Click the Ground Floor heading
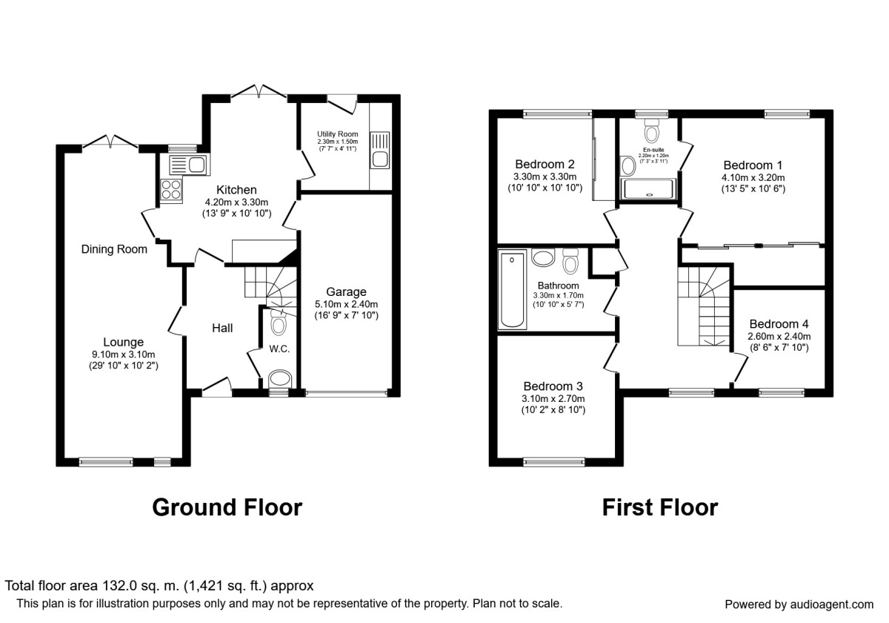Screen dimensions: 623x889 [x=227, y=507]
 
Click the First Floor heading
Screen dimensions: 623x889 [x=659, y=507]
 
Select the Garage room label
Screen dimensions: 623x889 [x=347, y=292]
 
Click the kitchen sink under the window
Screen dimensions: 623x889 [x=188, y=165]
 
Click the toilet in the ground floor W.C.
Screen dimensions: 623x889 [x=279, y=323]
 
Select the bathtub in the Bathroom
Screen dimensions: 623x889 [x=513, y=290]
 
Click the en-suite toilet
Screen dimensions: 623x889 [x=653, y=133]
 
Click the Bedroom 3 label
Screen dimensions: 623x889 [x=553, y=386]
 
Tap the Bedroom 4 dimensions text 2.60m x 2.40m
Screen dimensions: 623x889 [x=779, y=336]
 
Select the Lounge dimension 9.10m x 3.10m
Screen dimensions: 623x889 [x=123, y=355]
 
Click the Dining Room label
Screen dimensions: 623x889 [x=114, y=250]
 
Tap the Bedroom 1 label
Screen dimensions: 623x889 [x=753, y=165]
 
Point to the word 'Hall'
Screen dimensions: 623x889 [x=223, y=327]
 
